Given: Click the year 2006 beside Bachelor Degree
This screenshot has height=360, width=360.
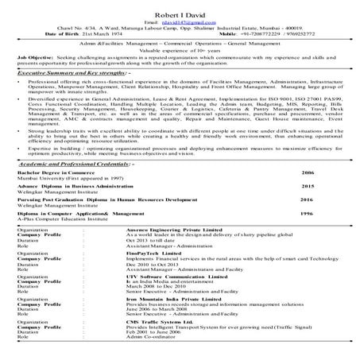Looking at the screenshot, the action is click(308, 172).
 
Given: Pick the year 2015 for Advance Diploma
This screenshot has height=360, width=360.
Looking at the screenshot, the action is click(308, 186).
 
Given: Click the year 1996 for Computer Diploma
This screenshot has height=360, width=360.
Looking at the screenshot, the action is click(308, 214).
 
